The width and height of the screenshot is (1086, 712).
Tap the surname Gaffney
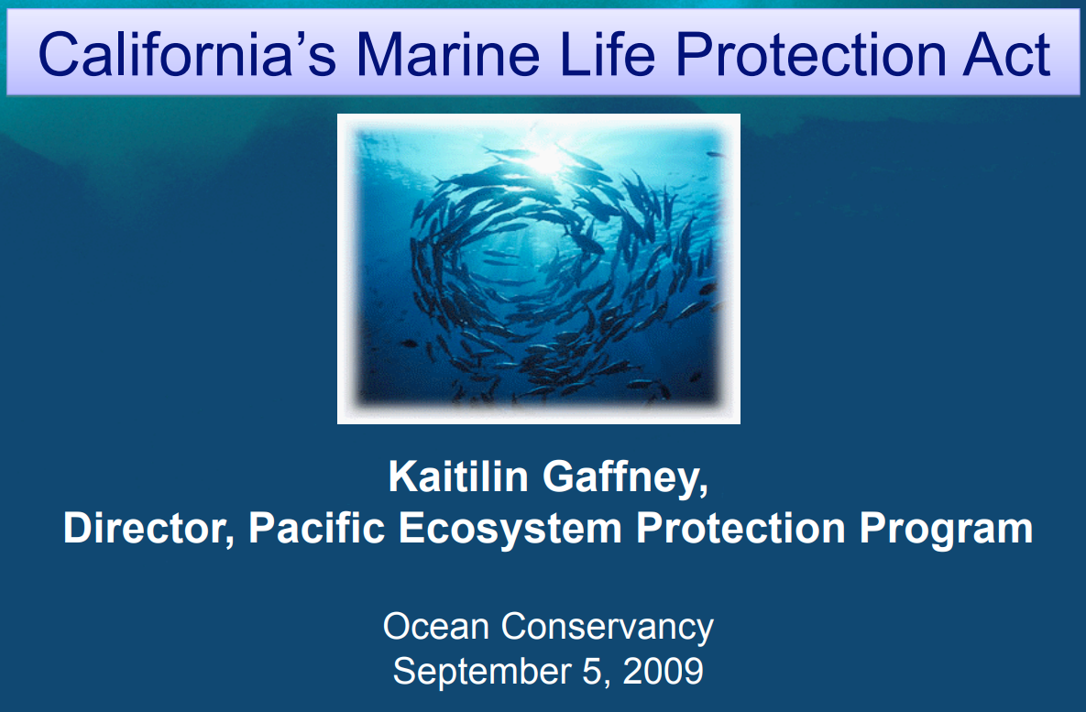[624, 479]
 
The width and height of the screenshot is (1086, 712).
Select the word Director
[146, 529]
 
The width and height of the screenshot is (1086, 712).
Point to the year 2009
[664, 671]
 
